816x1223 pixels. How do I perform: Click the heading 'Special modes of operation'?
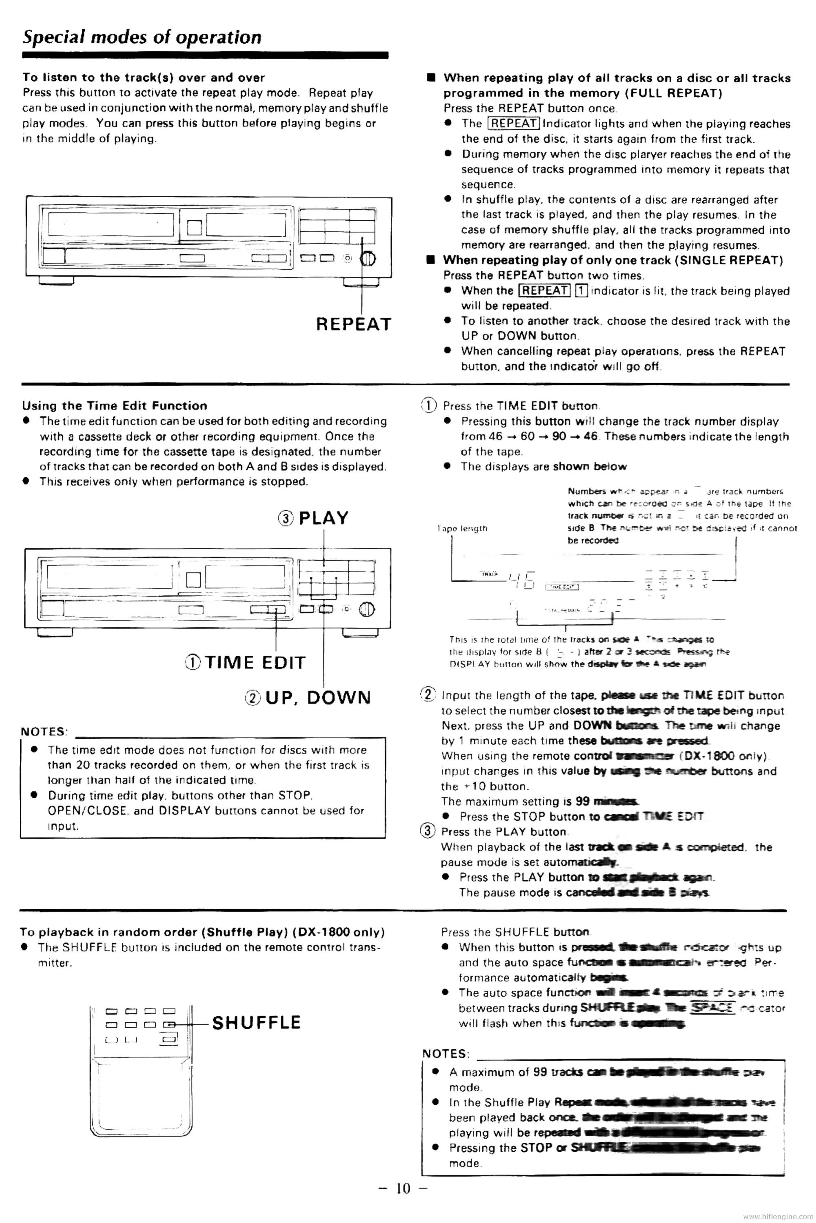(x=142, y=38)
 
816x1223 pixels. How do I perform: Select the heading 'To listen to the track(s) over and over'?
(x=144, y=78)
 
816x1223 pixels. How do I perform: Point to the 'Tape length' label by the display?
(x=462, y=528)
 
